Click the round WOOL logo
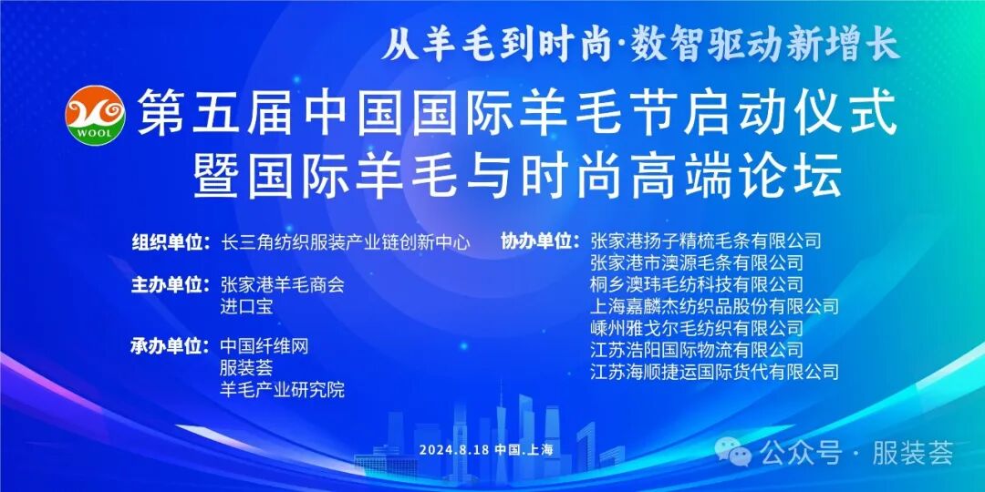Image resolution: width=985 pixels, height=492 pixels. tap(94, 114)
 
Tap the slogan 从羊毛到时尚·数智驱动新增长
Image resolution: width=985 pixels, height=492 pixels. tap(640, 43)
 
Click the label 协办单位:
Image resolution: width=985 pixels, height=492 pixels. tap(540, 242)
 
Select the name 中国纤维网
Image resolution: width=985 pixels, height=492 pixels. tap(264, 346)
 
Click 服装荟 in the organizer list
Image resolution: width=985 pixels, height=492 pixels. tap(246, 368)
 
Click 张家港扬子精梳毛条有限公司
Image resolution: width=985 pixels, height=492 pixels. tap(706, 241)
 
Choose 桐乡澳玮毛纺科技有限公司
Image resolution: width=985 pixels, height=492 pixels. tap(697, 285)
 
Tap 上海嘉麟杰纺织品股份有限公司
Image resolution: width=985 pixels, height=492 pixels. tap(714, 307)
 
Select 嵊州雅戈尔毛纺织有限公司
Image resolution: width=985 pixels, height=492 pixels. tap(697, 328)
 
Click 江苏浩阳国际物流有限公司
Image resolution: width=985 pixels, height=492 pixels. tap(697, 350)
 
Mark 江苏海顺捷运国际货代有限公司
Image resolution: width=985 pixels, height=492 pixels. tap(714, 372)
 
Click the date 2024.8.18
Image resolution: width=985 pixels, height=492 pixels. tap(454, 450)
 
